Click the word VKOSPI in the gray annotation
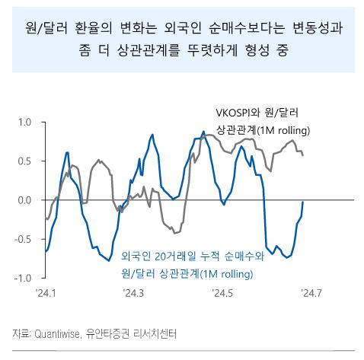point(235,115)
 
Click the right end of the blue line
point(304,202)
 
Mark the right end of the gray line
point(304,155)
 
